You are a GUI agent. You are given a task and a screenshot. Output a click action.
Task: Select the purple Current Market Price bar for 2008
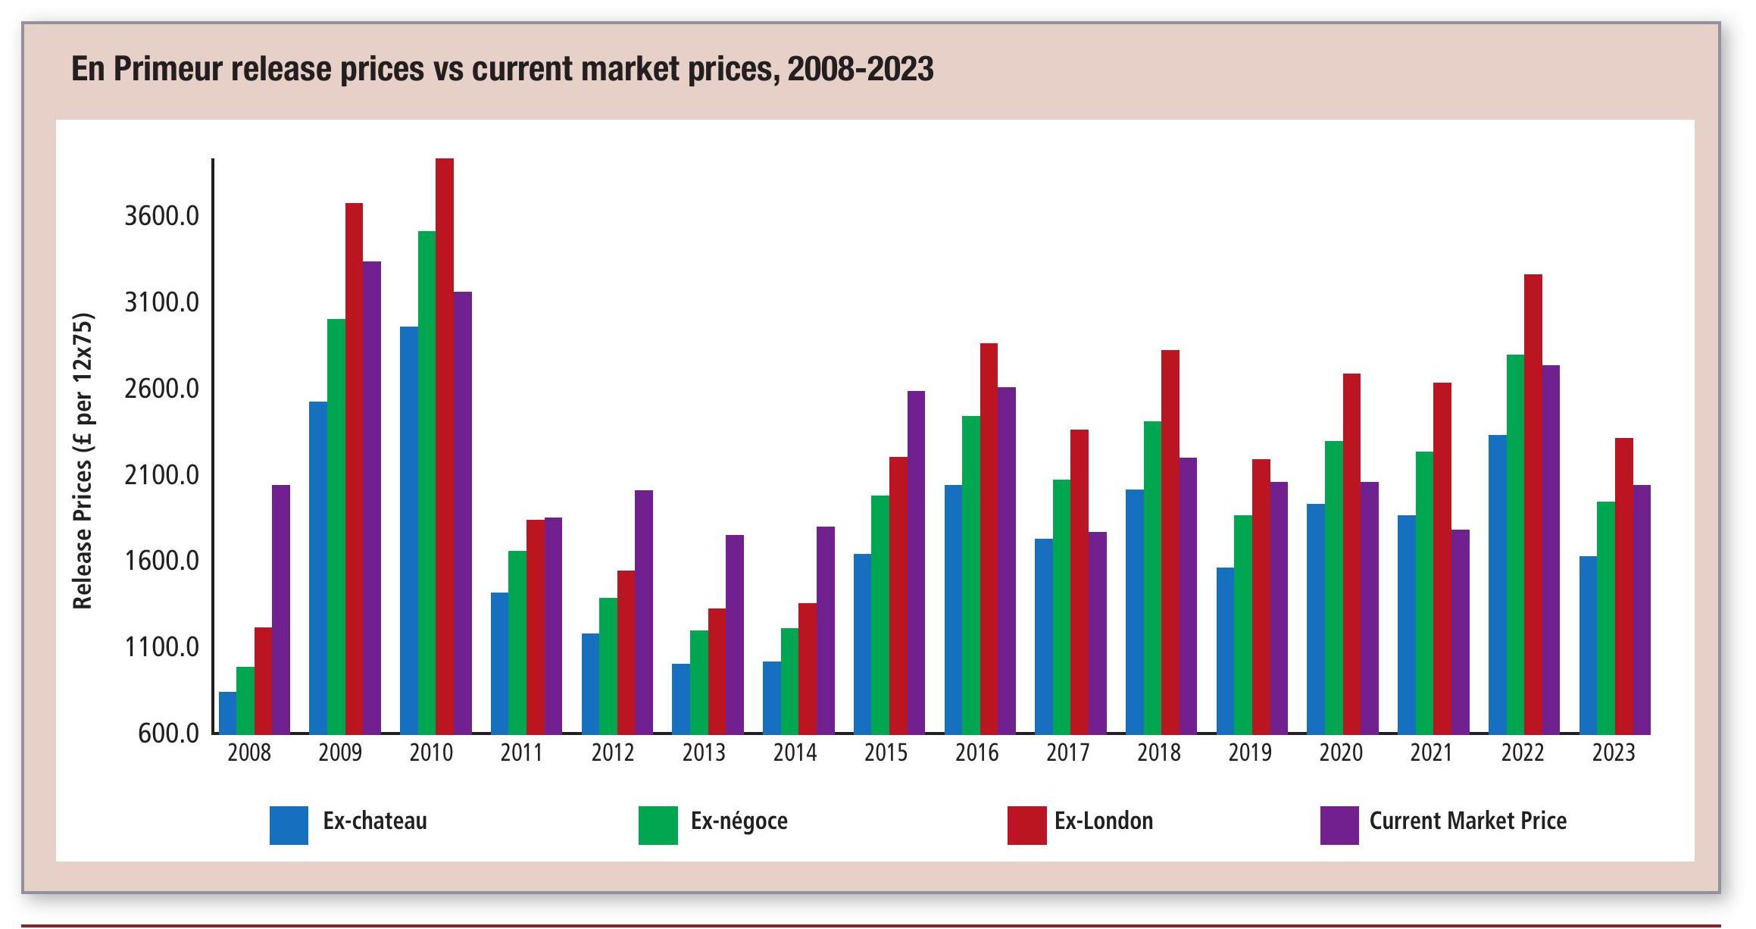(x=281, y=609)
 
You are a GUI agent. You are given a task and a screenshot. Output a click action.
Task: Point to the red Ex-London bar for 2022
(x=1533, y=504)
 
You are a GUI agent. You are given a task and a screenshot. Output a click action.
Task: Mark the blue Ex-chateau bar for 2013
(x=680, y=698)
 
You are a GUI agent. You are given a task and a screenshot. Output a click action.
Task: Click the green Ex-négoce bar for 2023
(x=1606, y=618)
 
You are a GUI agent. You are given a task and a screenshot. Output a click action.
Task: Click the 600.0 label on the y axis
(x=168, y=734)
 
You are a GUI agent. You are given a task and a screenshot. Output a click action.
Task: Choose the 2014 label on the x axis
(x=795, y=753)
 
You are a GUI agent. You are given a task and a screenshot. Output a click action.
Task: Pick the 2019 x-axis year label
(x=1250, y=753)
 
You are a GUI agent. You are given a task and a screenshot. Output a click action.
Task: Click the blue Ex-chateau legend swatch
(x=289, y=825)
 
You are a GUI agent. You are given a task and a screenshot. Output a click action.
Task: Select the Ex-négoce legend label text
(x=739, y=821)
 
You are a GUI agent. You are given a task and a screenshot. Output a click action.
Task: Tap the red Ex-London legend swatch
(x=1026, y=825)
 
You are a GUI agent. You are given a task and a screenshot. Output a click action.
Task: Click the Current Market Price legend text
(x=1467, y=821)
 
